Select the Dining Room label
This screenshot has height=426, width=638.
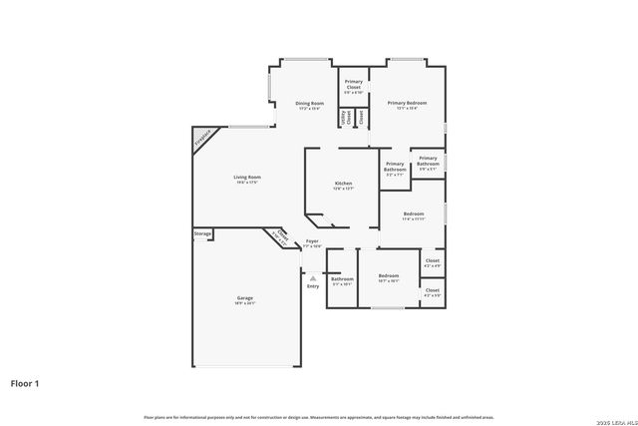[x=309, y=105]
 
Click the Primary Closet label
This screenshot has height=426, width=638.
[x=353, y=86]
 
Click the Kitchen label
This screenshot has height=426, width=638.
[x=343, y=186]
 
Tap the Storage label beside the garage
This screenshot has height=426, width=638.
[x=202, y=234]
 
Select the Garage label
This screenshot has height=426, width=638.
[x=245, y=300]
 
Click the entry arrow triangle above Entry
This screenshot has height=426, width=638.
[x=313, y=278]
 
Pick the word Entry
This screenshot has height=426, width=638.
[x=313, y=287]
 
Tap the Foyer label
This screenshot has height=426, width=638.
[x=311, y=242]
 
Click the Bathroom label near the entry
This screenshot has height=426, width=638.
[x=342, y=280]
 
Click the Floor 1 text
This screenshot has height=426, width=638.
[x=25, y=382]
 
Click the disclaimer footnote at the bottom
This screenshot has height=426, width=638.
[x=319, y=417]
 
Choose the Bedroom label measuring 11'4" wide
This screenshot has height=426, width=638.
[x=414, y=215]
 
